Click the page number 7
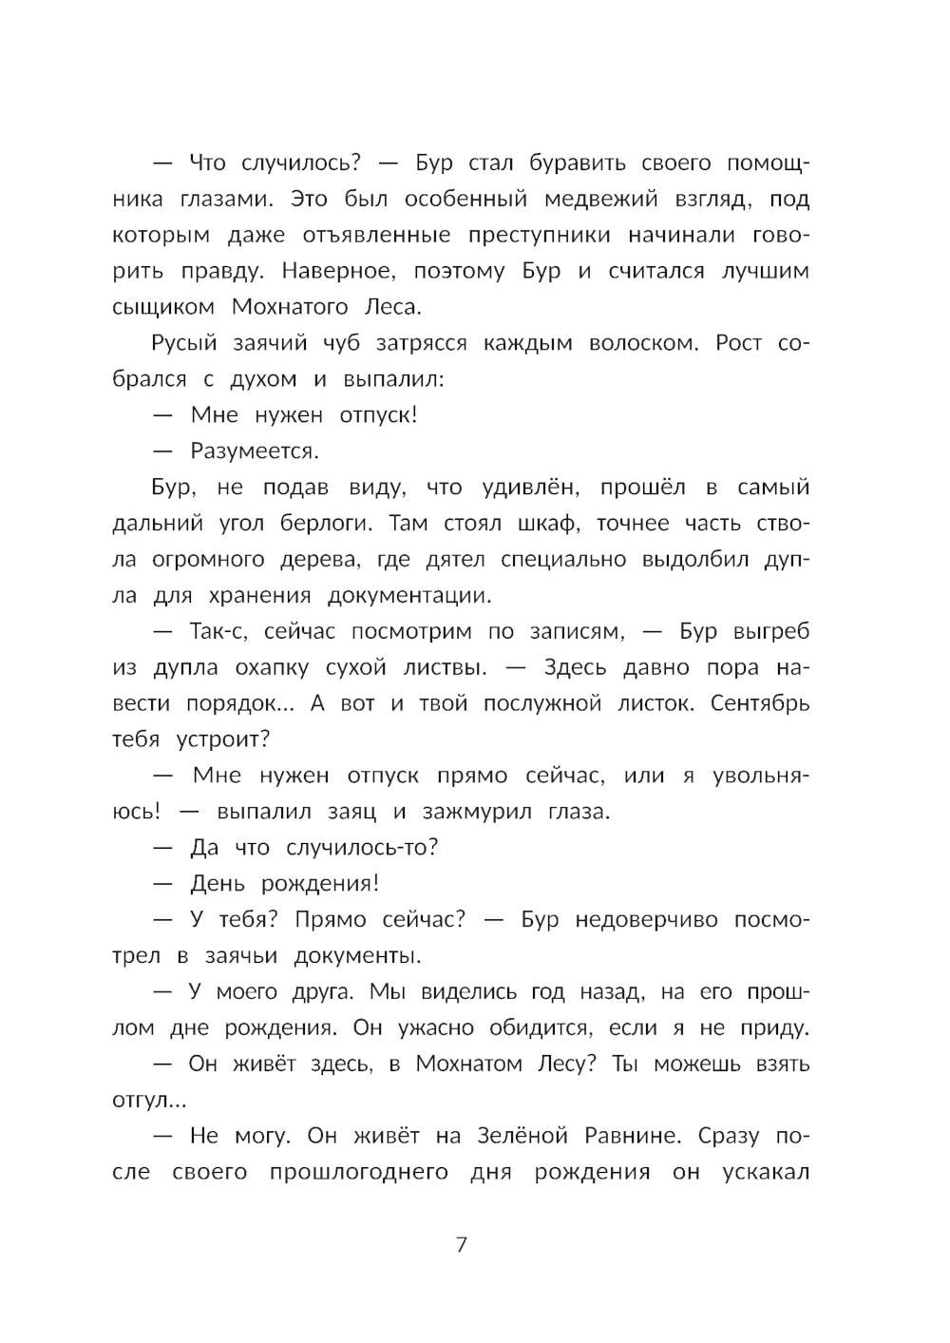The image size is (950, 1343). (x=462, y=1244)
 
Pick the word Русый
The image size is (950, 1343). (x=183, y=342)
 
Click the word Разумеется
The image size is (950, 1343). (x=255, y=451)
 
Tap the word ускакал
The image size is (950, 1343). (x=765, y=1172)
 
